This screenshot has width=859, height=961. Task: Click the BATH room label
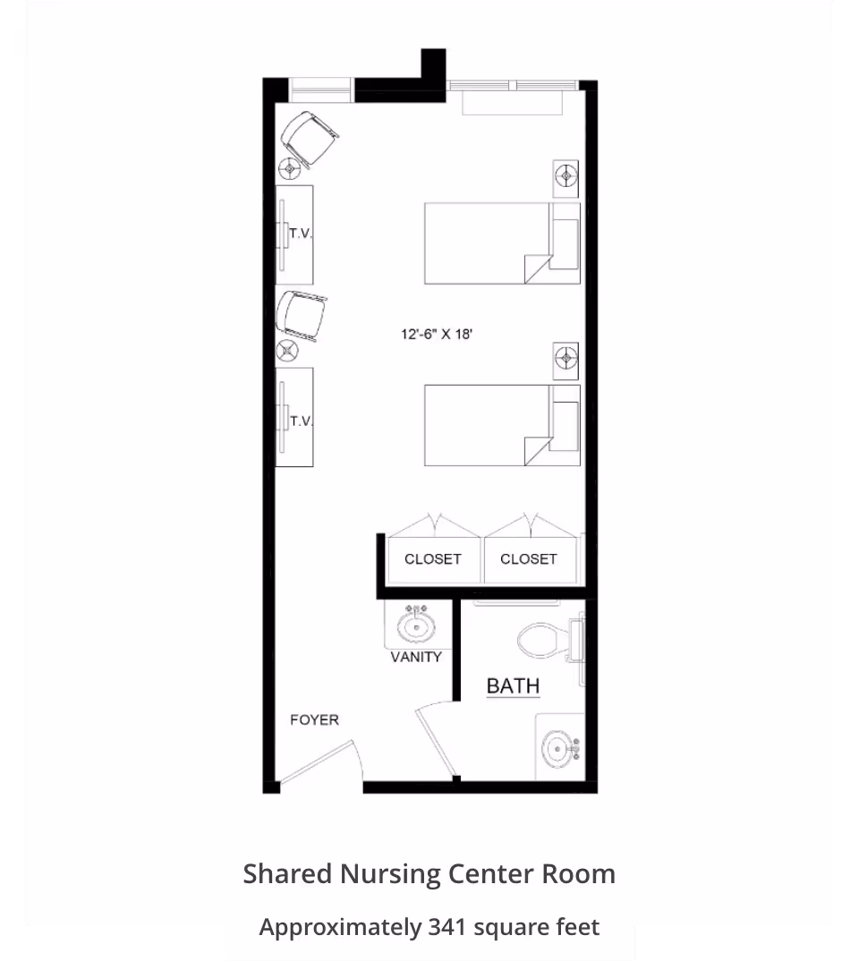tap(513, 685)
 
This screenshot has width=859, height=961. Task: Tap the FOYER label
tap(314, 719)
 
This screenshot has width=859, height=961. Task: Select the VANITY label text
tap(416, 657)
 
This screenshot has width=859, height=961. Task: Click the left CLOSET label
tap(432, 559)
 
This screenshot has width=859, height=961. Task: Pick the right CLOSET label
tap(529, 559)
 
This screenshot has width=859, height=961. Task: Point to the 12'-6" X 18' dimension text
tap(437, 334)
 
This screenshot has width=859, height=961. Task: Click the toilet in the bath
tap(550, 641)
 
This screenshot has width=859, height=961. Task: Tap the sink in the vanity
tap(417, 625)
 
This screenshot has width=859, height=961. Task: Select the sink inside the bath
tap(559, 749)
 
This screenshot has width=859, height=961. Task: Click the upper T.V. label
tap(301, 234)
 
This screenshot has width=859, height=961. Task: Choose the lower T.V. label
tap(301, 421)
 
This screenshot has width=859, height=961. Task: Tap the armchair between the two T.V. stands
tap(301, 316)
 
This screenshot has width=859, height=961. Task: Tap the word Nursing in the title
tap(389, 874)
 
